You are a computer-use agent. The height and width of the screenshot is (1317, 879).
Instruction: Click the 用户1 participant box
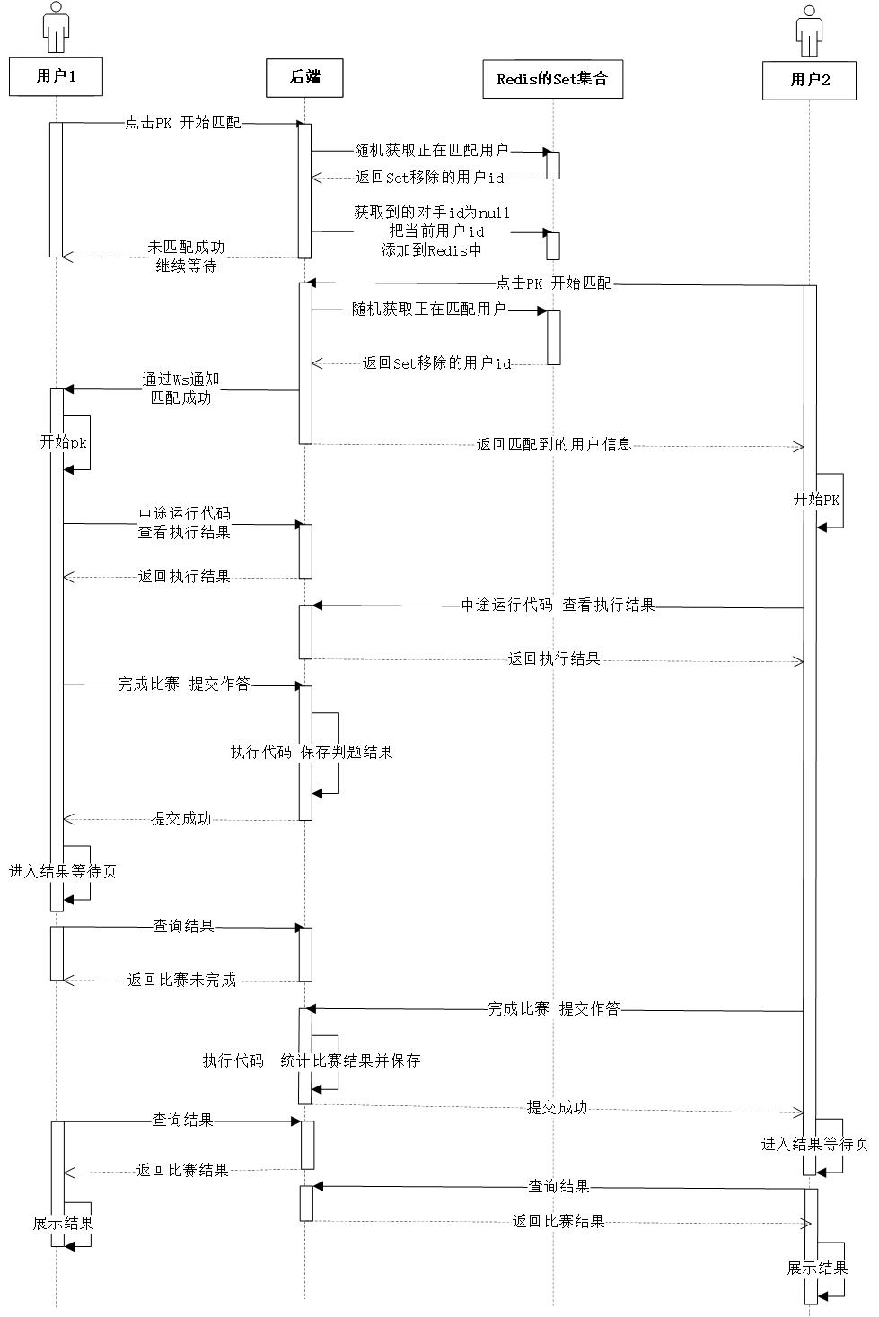56,76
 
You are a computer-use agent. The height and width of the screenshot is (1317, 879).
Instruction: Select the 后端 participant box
304,78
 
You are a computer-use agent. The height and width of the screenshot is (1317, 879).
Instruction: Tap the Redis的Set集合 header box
552,79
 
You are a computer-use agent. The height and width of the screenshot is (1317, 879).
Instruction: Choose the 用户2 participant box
809,81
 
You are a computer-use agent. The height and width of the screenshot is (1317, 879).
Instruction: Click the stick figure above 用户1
56,28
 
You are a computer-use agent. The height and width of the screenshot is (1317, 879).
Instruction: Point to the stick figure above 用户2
809,31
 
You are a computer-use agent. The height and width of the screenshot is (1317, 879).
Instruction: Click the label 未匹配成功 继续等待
186,257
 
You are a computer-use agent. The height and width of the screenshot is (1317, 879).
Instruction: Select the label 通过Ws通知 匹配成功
180,388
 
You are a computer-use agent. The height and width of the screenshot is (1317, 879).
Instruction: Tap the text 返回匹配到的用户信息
554,444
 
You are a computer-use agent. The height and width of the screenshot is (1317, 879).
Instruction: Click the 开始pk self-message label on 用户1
63,442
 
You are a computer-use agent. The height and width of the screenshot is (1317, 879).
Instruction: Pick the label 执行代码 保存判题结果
312,752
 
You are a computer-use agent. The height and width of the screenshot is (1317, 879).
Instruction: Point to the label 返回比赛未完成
181,980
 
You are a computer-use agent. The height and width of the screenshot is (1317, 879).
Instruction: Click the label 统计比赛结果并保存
350,1060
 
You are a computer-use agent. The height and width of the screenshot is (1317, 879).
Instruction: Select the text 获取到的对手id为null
432,213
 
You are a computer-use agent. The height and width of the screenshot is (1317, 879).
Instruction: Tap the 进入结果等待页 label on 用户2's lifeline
815,1144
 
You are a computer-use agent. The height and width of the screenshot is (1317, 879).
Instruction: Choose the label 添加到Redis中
431,250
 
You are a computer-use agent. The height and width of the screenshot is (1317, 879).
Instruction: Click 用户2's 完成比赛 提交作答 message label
554,1009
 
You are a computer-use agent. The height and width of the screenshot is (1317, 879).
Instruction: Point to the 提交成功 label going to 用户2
557,1108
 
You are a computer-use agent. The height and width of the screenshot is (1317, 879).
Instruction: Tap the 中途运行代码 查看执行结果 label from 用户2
558,605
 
